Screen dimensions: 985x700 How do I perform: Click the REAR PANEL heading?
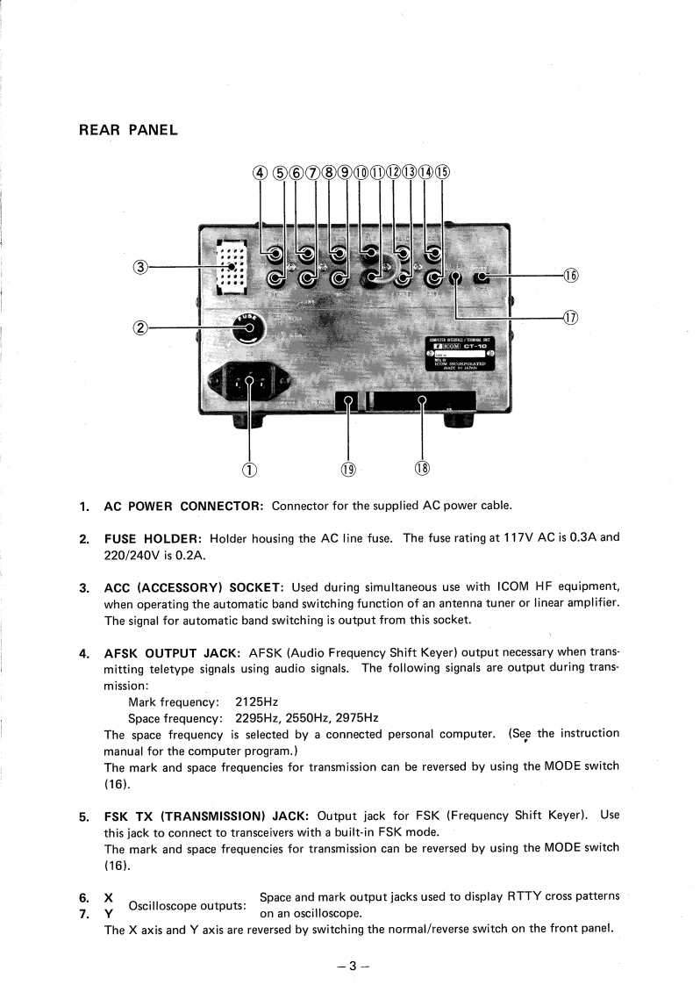coord(128,131)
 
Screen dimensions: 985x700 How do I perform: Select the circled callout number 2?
coord(139,328)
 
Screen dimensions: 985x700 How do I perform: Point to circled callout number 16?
coord(571,276)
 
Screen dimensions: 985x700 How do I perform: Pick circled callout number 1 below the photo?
coord(250,468)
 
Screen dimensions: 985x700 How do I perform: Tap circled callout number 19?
coord(348,468)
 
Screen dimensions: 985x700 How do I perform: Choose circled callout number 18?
coord(422,468)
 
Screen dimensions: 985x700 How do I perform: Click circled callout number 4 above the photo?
coord(261,172)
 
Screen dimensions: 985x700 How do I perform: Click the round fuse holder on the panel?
coord(247,329)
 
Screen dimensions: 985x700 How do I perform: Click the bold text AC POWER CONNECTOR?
coord(183,506)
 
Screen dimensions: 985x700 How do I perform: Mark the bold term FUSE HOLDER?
coord(154,538)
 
